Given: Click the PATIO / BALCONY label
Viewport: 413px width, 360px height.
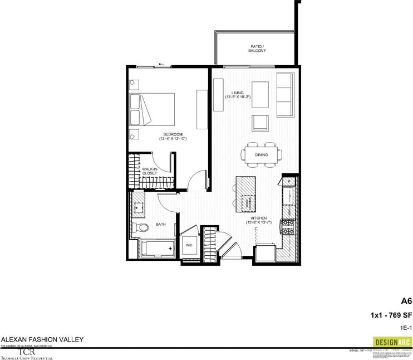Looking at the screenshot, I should pyautogui.click(x=257, y=48).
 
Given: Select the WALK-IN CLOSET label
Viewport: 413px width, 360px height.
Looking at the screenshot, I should pyautogui.click(x=150, y=171).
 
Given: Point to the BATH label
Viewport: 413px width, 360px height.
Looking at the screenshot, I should pyautogui.click(x=161, y=224).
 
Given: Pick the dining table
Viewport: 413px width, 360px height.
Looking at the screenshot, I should pyautogui.click(x=262, y=154).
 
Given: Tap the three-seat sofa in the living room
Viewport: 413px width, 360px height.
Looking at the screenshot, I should pyautogui.click(x=285, y=94).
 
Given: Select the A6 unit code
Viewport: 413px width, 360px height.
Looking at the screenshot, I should pyautogui.click(x=406, y=301).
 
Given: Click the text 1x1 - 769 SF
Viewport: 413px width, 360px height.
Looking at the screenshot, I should pyautogui.click(x=391, y=315).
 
